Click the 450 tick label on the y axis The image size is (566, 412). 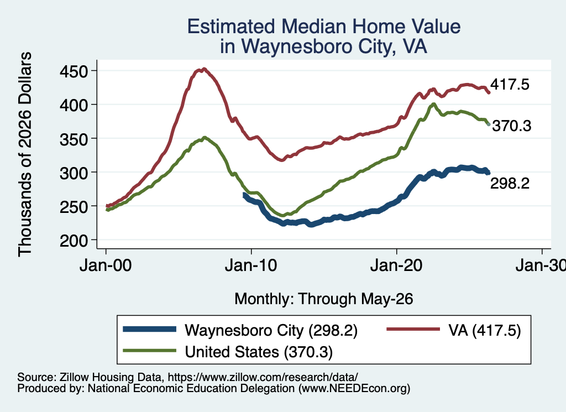click(74, 71)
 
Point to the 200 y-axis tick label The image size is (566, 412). click(74, 240)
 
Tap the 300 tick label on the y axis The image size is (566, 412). click(74, 173)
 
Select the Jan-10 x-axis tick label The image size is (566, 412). click(251, 265)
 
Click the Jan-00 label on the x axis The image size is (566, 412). click(106, 265)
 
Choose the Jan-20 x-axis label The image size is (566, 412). click(396, 265)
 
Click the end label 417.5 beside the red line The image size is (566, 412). click(510, 85)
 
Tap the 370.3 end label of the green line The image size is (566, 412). click(512, 126)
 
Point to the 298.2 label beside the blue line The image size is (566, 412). click(510, 184)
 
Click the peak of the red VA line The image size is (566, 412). click(205, 69)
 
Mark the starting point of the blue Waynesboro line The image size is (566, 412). click(244, 195)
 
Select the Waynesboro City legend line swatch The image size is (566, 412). click(149, 329)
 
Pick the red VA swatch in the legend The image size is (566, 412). click(413, 329)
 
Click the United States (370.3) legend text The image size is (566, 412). click(259, 352)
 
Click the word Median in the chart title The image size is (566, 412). click(314, 27)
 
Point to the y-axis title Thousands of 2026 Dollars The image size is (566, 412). click(25, 154)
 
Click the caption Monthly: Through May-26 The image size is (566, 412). click(324, 299)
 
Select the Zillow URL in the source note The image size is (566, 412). click(263, 377)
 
